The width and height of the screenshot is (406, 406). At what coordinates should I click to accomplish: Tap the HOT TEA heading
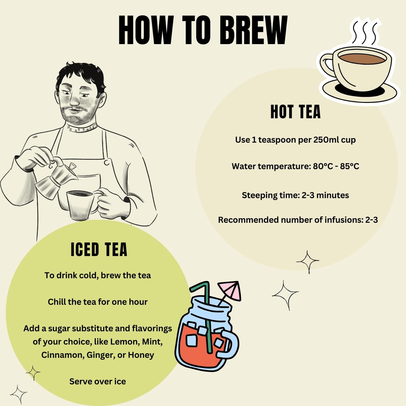tap(295, 112)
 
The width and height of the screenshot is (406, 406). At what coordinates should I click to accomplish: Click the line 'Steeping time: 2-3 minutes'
tap(295, 195)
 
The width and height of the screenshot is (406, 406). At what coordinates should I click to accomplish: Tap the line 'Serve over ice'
tap(97, 381)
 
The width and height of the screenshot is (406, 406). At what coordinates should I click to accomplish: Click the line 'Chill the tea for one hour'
tap(97, 302)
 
